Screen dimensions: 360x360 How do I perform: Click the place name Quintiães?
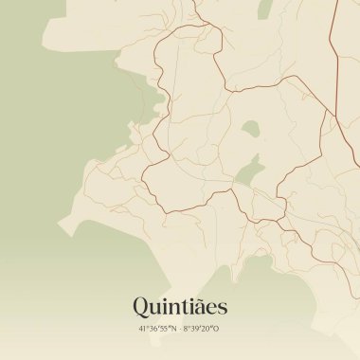coord(180,307)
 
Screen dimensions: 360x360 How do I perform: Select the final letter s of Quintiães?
coord(221,309)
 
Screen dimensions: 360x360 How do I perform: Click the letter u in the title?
coord(158,309)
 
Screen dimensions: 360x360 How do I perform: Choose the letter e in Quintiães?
coord(209,309)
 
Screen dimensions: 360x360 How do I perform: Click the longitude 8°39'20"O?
coord(202,330)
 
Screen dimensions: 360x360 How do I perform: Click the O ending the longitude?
coord(217,330)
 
